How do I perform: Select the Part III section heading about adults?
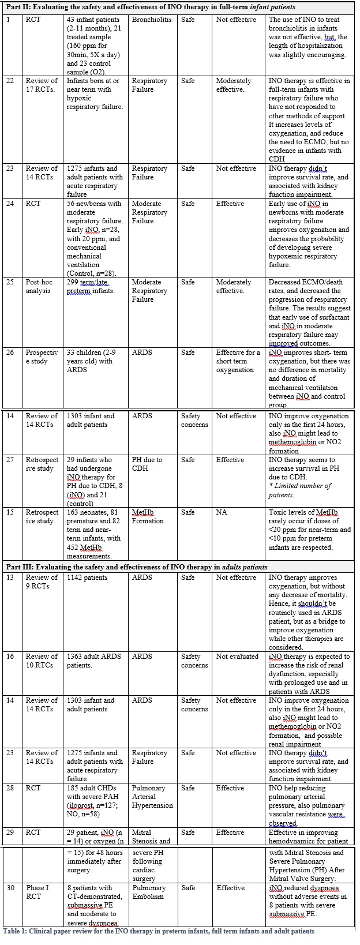click(x=137, y=567)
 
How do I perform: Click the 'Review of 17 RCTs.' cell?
click(x=42, y=85)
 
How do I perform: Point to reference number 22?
click(x=10, y=81)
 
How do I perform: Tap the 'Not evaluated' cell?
click(x=237, y=657)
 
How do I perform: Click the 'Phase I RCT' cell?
click(x=39, y=892)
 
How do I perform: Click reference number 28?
click(x=10, y=788)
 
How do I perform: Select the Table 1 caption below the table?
click(x=159, y=931)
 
